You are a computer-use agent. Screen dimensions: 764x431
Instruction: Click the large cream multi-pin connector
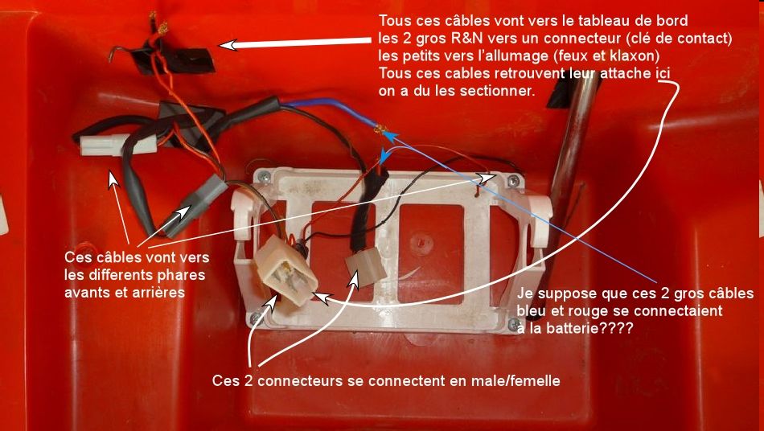285,270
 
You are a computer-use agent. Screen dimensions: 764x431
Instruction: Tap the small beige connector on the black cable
365,266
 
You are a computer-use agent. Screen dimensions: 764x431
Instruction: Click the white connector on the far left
118,145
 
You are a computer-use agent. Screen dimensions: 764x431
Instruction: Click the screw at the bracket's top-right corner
513,182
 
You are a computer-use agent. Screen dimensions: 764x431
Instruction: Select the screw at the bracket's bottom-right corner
512,324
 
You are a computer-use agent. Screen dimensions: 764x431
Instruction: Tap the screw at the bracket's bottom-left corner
255,318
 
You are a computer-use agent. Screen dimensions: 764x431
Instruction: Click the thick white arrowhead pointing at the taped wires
228,45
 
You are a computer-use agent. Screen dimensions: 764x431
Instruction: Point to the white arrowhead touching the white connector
113,179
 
